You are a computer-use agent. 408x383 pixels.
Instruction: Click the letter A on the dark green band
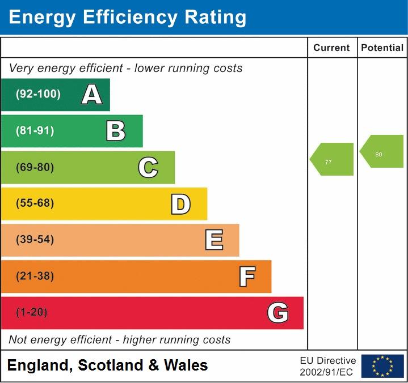pos(92,95)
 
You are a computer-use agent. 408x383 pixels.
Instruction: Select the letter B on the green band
pos(116,131)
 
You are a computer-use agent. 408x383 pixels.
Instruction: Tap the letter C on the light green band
pos(148,167)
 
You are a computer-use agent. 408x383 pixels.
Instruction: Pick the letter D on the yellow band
pos(180,204)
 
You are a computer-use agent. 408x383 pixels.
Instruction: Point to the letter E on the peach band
pos(213,240)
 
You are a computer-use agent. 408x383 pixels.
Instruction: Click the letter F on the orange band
pos(246,276)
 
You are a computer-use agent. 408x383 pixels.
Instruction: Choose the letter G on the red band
pos(278,313)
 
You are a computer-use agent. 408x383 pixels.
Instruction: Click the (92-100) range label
pos(38,95)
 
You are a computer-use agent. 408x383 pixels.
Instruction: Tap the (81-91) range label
pos(35,131)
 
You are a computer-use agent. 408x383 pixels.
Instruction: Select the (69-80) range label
pos(35,168)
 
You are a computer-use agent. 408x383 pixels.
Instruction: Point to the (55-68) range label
pos(35,203)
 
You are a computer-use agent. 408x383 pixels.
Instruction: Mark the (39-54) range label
pos(35,240)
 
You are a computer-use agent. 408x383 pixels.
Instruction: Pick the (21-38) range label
pos(35,276)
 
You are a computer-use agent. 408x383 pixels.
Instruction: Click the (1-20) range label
pos(32,313)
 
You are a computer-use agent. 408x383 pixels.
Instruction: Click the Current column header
pos(331,48)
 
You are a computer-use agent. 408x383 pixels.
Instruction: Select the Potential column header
pos(382,48)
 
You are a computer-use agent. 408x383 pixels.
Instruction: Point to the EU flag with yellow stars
pos(382,366)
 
